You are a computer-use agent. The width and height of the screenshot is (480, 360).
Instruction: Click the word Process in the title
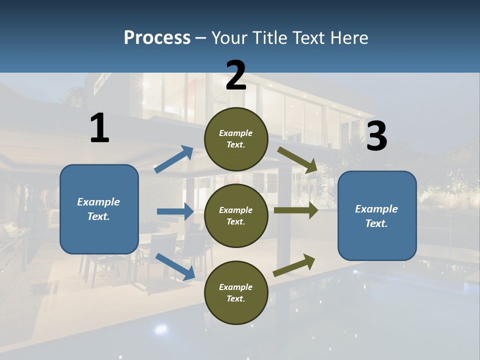(x=157, y=37)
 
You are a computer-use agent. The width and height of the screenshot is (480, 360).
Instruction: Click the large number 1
(x=99, y=128)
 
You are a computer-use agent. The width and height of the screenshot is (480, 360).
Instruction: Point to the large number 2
(x=236, y=75)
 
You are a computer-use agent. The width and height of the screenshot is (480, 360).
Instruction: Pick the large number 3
(x=376, y=136)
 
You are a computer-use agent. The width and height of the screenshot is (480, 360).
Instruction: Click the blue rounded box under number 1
(x=99, y=209)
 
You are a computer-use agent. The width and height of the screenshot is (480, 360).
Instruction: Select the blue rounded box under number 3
(x=377, y=215)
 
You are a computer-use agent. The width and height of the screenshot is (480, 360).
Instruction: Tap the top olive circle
(x=236, y=139)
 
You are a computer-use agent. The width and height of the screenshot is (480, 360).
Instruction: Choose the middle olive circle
(x=236, y=215)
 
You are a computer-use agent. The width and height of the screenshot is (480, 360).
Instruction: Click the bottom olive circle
(x=236, y=292)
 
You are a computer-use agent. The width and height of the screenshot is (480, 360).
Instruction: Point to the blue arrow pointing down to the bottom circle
(x=175, y=266)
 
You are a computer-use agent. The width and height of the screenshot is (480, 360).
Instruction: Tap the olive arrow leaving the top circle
(x=297, y=159)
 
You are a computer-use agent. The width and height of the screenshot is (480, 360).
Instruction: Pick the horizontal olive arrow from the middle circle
(x=295, y=210)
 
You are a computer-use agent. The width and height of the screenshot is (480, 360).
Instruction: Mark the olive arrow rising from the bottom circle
(x=294, y=265)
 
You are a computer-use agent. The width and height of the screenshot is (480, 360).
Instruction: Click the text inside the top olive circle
(x=236, y=139)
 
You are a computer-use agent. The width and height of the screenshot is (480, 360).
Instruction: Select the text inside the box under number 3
(x=376, y=216)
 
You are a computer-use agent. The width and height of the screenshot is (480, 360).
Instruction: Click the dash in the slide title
(x=200, y=37)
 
